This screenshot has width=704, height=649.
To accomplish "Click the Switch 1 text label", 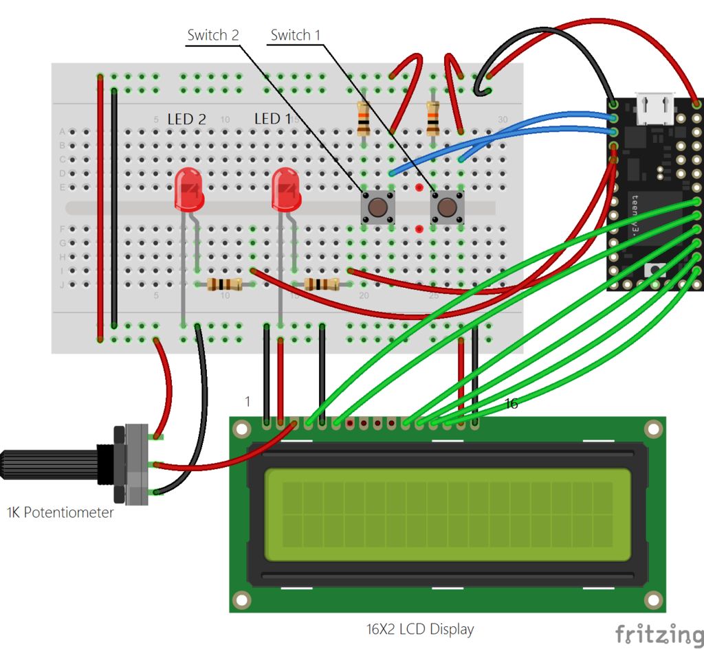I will (295, 35).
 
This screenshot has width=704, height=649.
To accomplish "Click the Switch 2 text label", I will (212, 35).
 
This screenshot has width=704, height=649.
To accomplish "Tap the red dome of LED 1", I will (286, 190).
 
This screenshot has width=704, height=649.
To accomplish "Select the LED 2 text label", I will (186, 119).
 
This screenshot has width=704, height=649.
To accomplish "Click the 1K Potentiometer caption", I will (60, 512).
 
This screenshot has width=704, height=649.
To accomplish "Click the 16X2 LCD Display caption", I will (419, 628).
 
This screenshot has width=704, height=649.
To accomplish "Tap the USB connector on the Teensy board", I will (654, 109).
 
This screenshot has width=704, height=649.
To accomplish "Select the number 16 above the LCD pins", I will (511, 404).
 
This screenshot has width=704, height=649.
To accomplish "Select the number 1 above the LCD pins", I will (248, 400).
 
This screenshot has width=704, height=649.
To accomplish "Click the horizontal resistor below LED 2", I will (224, 284).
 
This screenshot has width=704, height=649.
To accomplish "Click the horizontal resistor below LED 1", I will (321, 284).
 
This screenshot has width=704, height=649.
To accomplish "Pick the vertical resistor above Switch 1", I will (432, 120).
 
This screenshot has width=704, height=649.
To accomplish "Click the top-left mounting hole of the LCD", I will (241, 429).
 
